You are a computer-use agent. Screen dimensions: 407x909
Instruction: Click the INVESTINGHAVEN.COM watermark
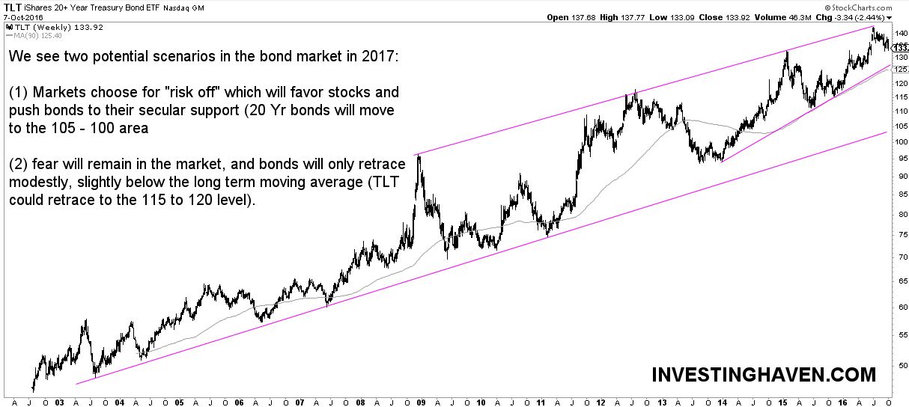[763, 374]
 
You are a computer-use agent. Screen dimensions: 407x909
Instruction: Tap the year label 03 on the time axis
[61, 401]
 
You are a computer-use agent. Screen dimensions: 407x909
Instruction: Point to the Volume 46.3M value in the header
[780, 17]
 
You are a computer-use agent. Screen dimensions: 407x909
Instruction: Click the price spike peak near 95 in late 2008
[418, 155]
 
